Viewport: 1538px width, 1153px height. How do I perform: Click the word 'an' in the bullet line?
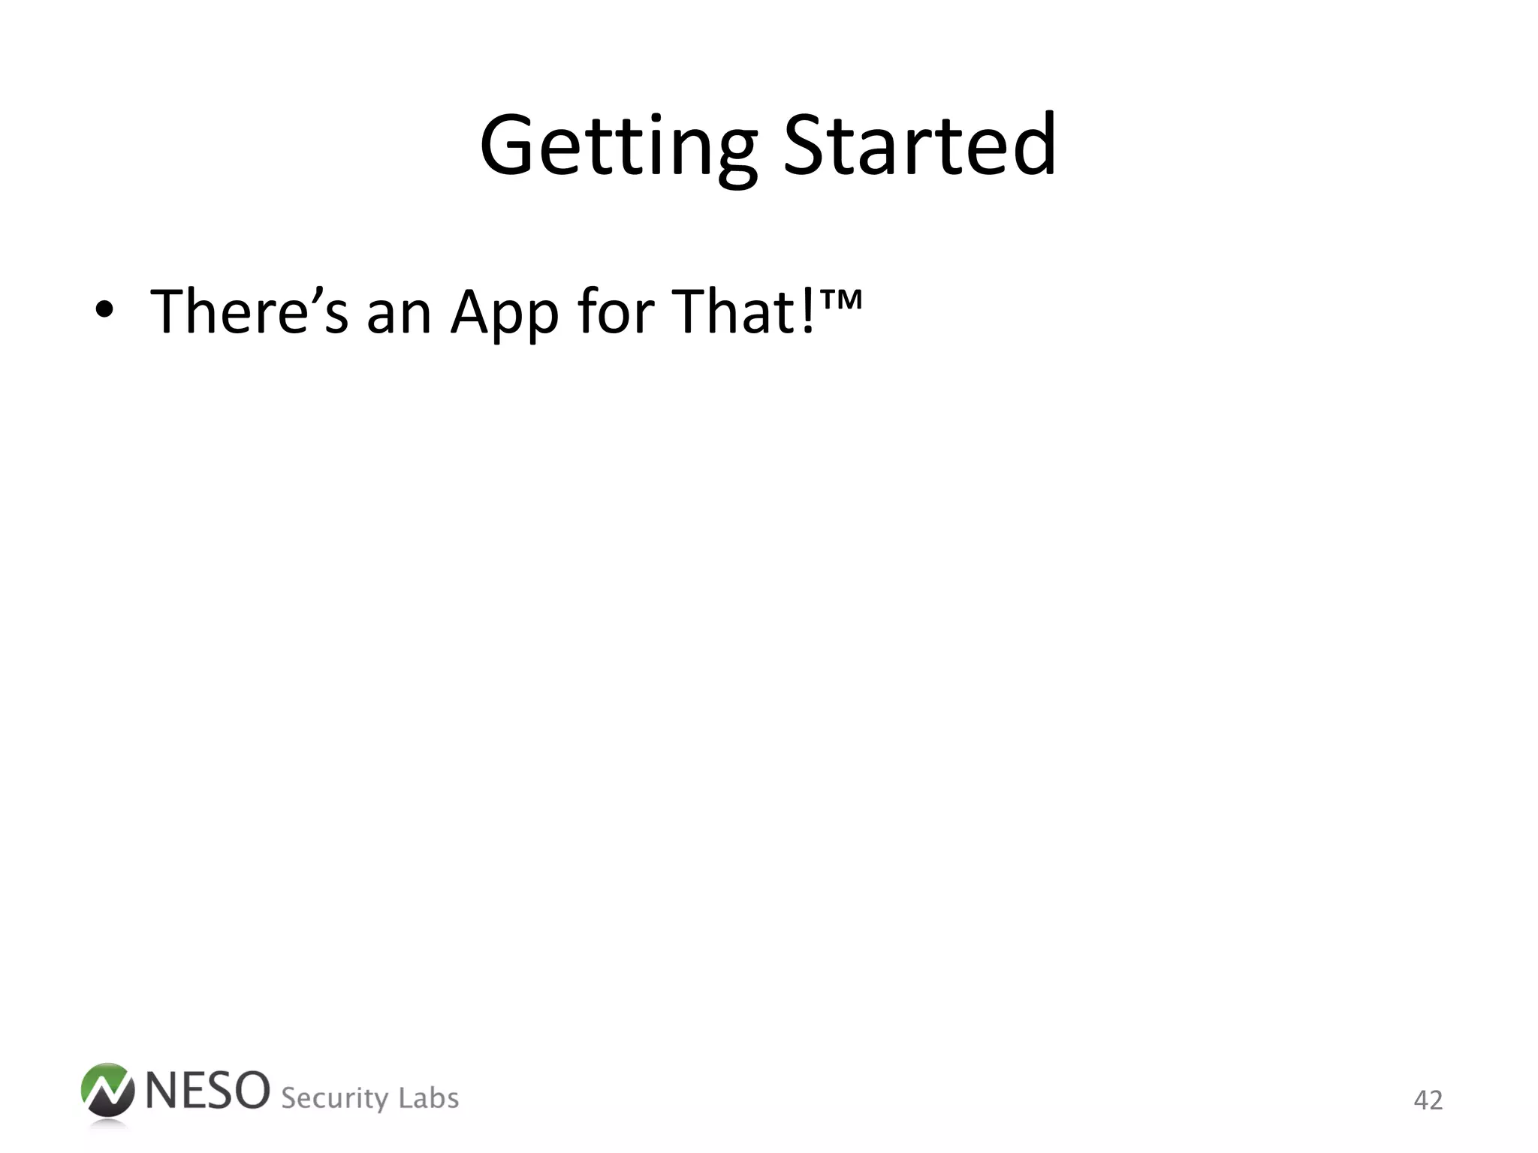coord(399,315)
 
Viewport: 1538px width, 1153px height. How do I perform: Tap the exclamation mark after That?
coord(809,311)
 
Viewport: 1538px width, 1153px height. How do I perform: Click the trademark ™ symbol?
coord(842,299)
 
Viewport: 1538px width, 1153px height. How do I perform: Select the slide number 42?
coord(1428,1100)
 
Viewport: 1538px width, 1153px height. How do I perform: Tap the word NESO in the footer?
coord(207,1090)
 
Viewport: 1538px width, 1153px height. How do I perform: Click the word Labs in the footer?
coord(428,1097)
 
